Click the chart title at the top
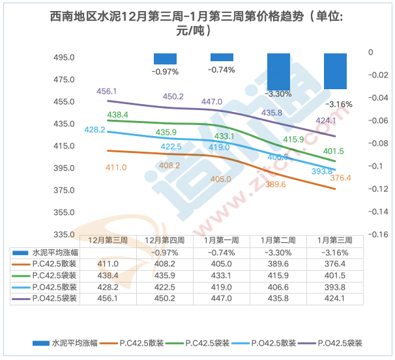pos(197,23)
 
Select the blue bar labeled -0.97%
pos(165,59)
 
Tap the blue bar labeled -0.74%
pos(222,57)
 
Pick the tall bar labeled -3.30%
pos(278,71)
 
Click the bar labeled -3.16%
pos(335,70)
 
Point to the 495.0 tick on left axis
pos(64,57)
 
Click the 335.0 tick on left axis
pos(64,234)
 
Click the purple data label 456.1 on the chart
pos(107,92)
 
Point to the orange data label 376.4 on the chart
pos(340,178)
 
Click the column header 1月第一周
pos(222,241)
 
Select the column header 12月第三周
pos(108,241)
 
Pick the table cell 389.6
pos(278,264)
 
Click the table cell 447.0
pos(222,298)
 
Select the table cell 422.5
pos(165,286)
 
